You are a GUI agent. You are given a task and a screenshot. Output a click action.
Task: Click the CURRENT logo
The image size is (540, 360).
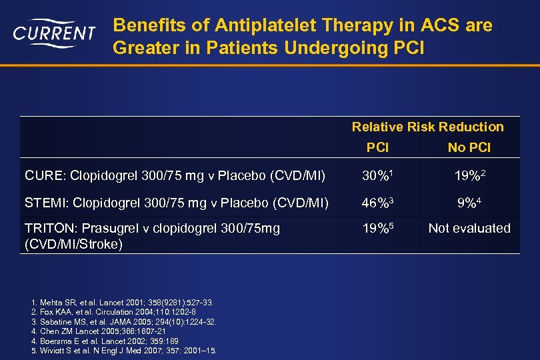[x=54, y=33]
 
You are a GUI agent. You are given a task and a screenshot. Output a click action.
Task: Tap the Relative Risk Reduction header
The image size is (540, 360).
[x=427, y=127]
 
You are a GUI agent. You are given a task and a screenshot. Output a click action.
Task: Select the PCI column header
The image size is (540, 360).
[x=378, y=147]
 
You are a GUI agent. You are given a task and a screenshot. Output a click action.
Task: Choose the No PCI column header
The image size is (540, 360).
[x=469, y=147]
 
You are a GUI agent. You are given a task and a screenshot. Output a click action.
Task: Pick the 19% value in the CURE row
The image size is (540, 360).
[x=469, y=176]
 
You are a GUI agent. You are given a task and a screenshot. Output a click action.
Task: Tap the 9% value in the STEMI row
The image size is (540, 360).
[x=469, y=202]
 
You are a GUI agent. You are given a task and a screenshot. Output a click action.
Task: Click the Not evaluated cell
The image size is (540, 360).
[x=469, y=228]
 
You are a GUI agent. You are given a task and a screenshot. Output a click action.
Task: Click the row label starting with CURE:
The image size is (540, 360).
[x=175, y=176]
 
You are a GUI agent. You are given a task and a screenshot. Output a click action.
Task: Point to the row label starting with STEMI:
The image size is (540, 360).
[x=176, y=202]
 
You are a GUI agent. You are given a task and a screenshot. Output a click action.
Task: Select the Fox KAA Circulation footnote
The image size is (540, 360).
[x=113, y=312]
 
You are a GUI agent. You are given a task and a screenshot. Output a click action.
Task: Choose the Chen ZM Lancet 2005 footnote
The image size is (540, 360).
[x=103, y=331]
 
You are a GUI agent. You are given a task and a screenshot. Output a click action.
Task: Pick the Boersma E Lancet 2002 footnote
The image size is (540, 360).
[x=106, y=341]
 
